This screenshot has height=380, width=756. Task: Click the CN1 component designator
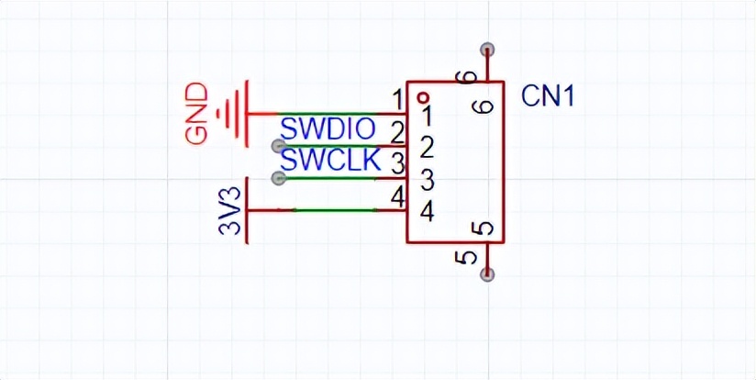549,97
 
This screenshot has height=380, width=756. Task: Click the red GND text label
197,114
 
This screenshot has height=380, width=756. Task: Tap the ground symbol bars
235,114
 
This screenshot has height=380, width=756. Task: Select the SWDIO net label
328,129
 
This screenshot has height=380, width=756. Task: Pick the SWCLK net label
330,161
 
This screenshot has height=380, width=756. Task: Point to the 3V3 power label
229,211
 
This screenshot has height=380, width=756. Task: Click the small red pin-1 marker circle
423,98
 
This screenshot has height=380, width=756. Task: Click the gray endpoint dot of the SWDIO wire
278,146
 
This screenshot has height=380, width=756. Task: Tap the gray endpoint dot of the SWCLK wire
278,178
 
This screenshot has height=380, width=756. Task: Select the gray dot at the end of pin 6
487,50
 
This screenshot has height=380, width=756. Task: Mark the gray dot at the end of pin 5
487,274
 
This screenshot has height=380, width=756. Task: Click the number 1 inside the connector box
427,116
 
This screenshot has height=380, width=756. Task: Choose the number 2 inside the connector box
428,149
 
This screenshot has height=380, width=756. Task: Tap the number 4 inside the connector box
428,212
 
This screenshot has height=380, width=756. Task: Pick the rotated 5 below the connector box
465,258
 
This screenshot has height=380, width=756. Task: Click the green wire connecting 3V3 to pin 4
335,210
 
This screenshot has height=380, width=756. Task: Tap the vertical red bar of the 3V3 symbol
247,210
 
